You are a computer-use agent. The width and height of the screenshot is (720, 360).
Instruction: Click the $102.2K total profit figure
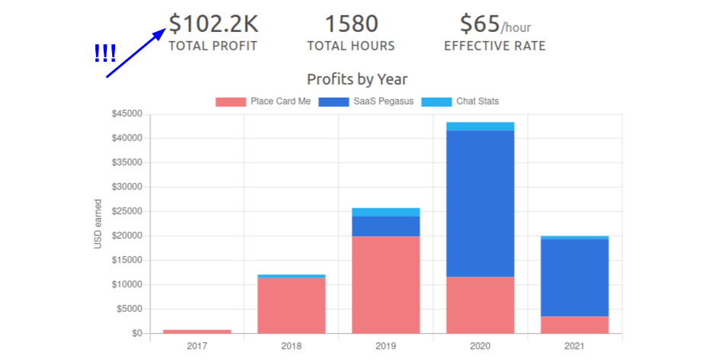click(213, 24)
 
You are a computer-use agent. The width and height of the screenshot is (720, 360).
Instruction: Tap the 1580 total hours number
click(351, 24)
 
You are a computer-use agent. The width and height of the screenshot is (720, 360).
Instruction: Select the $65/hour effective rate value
click(495, 24)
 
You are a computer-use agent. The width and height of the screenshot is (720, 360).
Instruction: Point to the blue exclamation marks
click(104, 53)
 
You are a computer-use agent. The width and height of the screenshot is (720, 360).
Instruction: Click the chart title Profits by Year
click(357, 79)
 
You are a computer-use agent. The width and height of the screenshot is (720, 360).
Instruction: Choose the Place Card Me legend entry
click(263, 101)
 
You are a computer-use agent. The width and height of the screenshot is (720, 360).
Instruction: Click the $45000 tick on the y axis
click(127, 114)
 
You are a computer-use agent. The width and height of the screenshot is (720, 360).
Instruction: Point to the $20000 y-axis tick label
click(127, 236)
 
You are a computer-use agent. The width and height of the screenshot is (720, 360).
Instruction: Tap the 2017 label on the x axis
click(197, 346)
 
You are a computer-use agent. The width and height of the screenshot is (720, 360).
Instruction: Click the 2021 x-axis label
click(574, 346)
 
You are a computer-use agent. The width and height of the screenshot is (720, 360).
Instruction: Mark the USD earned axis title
click(98, 223)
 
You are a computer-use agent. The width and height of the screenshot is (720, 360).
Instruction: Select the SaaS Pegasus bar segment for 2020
click(481, 204)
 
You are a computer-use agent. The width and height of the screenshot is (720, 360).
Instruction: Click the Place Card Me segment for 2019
click(386, 284)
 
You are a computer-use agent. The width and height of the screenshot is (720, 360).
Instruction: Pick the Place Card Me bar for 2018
click(291, 305)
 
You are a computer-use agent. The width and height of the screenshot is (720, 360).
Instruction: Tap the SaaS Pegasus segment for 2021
click(574, 278)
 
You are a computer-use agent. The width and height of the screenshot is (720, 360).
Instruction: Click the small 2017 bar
click(197, 331)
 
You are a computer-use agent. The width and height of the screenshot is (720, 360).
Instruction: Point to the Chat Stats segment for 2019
click(386, 212)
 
